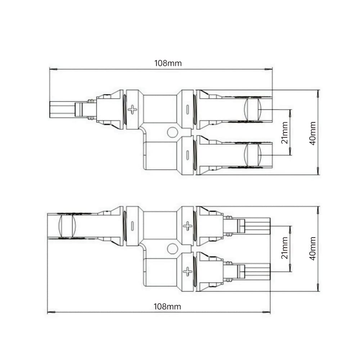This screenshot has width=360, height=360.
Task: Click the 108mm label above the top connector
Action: [x=168, y=63]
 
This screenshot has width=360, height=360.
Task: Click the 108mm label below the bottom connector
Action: [x=167, y=307]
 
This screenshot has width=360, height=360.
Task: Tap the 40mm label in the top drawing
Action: [x=313, y=133]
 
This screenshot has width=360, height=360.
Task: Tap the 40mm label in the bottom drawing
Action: [x=313, y=248]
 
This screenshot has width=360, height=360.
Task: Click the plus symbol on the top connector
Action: [x=133, y=109]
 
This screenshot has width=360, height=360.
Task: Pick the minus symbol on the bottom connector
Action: [x=132, y=226]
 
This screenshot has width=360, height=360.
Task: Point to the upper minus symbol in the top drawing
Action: [x=188, y=109]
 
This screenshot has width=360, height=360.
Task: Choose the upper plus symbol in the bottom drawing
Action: [x=188, y=226]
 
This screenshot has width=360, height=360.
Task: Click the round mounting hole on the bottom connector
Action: [x=172, y=248]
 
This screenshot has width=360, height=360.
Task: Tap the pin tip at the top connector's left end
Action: [x=58, y=109]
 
